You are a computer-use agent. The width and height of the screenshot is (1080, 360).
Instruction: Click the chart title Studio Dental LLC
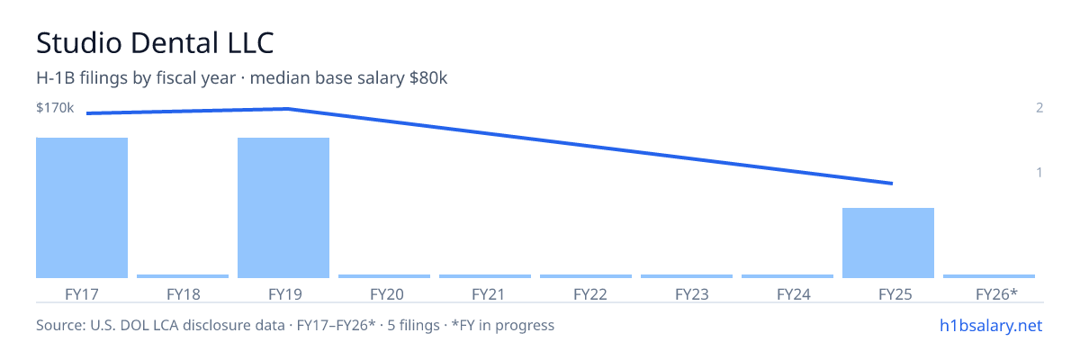pyautogui.click(x=155, y=42)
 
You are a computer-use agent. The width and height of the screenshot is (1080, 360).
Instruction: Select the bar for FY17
pyautogui.click(x=82, y=208)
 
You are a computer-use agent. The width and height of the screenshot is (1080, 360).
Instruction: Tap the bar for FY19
pyautogui.click(x=283, y=208)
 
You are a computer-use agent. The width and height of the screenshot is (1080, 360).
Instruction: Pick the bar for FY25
pyautogui.click(x=888, y=243)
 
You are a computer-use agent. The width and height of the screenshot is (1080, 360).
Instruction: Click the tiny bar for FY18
pyautogui.click(x=183, y=276)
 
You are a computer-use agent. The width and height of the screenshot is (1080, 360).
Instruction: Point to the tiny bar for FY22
pyautogui.click(x=586, y=276)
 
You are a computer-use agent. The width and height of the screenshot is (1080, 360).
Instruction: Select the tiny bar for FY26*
pyautogui.click(x=989, y=276)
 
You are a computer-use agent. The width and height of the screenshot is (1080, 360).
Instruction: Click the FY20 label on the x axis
pyautogui.click(x=387, y=294)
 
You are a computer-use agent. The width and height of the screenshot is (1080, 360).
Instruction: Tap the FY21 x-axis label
pyautogui.click(x=488, y=294)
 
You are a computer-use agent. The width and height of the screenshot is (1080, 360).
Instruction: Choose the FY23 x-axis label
pyautogui.click(x=692, y=294)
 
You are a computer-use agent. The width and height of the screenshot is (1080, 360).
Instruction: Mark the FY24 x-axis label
pyautogui.click(x=794, y=294)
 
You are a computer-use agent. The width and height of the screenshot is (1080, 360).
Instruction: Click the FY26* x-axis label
pyautogui.click(x=996, y=294)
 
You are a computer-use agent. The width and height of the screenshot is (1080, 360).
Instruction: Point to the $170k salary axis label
pyautogui.click(x=55, y=107)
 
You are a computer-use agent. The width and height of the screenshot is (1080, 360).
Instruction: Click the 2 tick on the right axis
pyautogui.click(x=1039, y=107)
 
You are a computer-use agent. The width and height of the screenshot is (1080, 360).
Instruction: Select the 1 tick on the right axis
pyautogui.click(x=1039, y=172)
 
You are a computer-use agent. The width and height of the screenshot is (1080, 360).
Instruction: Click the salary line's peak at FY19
pyautogui.click(x=288, y=109)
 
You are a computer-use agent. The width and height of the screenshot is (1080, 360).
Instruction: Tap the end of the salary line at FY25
pyautogui.click(x=892, y=183)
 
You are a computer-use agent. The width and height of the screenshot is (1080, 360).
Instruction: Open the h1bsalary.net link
pyautogui.click(x=991, y=325)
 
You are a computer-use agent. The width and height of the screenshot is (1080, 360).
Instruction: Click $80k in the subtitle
pyautogui.click(x=428, y=78)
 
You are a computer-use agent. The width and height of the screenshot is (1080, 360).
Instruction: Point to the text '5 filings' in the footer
pyautogui.click(x=413, y=325)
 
